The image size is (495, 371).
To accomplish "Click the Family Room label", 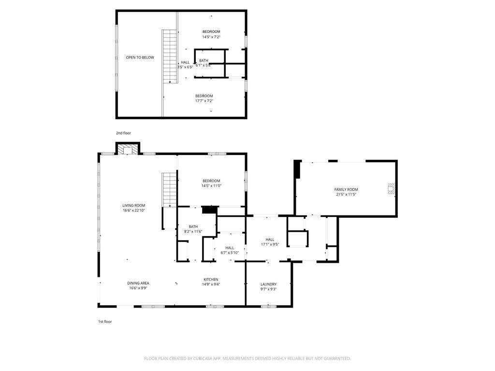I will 346,189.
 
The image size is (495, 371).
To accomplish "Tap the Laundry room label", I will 268,284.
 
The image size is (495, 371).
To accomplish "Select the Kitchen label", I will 211,279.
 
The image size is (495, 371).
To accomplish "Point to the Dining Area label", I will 138,283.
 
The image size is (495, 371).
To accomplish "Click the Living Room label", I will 133,206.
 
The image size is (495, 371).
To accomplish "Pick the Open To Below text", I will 140,57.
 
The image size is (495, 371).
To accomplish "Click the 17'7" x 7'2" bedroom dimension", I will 204,101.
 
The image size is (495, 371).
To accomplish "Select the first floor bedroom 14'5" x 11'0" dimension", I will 211,186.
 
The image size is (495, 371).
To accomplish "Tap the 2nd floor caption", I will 123,133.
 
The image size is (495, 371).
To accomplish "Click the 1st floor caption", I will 105,321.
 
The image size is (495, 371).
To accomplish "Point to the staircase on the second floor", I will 169,56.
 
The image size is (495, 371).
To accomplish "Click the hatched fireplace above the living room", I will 128,150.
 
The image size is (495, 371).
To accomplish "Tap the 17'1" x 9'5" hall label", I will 270,244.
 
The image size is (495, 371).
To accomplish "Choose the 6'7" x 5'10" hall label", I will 230,253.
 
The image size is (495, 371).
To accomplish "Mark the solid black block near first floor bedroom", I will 209,210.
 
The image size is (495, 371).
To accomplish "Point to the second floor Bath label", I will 204,60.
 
